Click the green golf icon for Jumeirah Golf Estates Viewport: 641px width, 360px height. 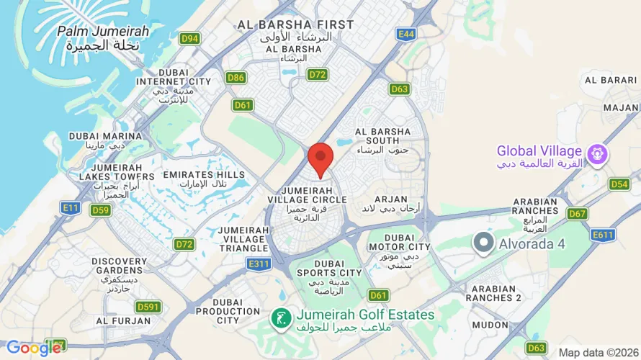pos(280,315)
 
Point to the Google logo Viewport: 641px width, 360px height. pos(33,348)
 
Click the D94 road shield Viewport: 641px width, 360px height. pos(190,39)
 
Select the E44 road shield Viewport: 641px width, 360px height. pos(405,33)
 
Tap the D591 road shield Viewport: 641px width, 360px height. pos(148,307)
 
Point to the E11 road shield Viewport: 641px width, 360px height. pos(71,208)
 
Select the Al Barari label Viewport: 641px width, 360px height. pos(610,80)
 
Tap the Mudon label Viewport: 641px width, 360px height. pos(490,325)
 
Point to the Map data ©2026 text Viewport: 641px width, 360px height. pos(598,352)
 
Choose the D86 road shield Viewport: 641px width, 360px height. pos(236,77)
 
